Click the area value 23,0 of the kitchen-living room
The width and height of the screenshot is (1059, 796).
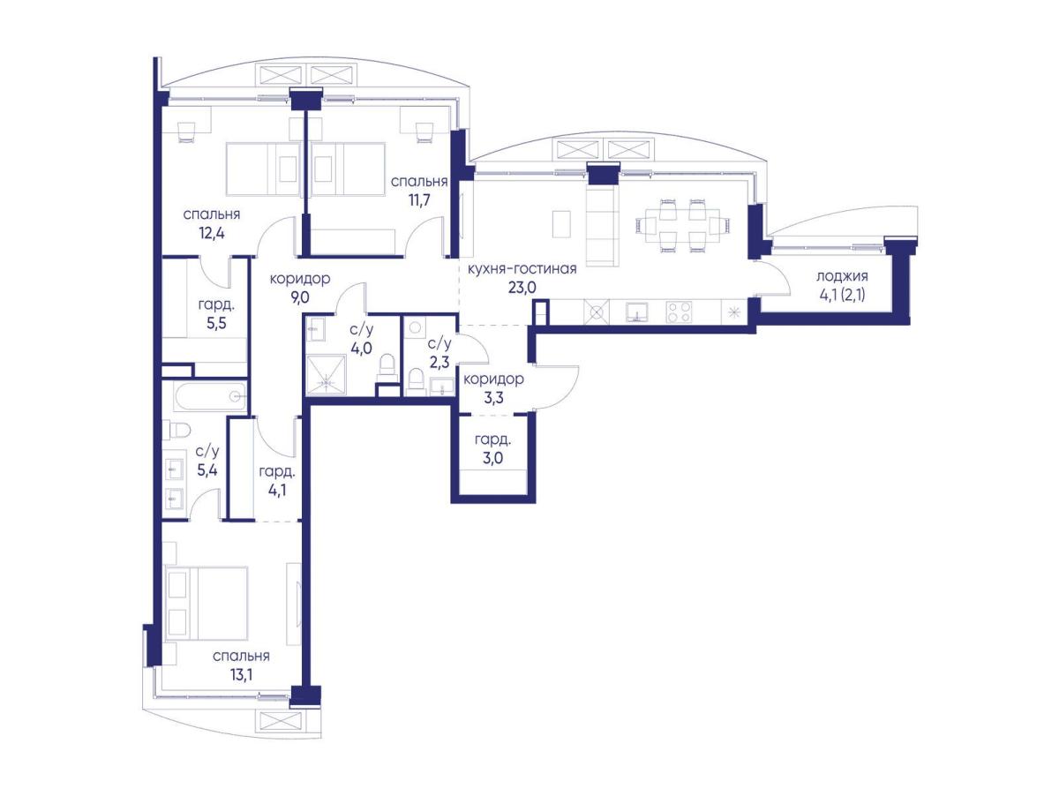tap(522, 288)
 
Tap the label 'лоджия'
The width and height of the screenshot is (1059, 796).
tap(841, 276)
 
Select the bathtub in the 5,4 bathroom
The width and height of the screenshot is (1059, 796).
tap(211, 396)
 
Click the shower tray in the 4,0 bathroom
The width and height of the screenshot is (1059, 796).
tap(327, 375)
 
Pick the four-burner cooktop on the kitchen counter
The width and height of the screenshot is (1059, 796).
tap(679, 312)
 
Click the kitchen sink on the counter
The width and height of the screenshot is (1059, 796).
tap(638, 312)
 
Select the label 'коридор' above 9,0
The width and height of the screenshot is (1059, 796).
tap(300, 279)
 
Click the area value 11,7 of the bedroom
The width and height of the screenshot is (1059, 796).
tap(419, 199)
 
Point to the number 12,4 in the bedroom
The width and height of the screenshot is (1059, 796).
tap(212, 234)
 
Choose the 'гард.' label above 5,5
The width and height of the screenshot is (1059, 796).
tap(216, 305)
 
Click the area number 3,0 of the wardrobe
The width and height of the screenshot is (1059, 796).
tap(492, 458)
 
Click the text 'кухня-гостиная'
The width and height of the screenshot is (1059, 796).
tap(522, 268)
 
